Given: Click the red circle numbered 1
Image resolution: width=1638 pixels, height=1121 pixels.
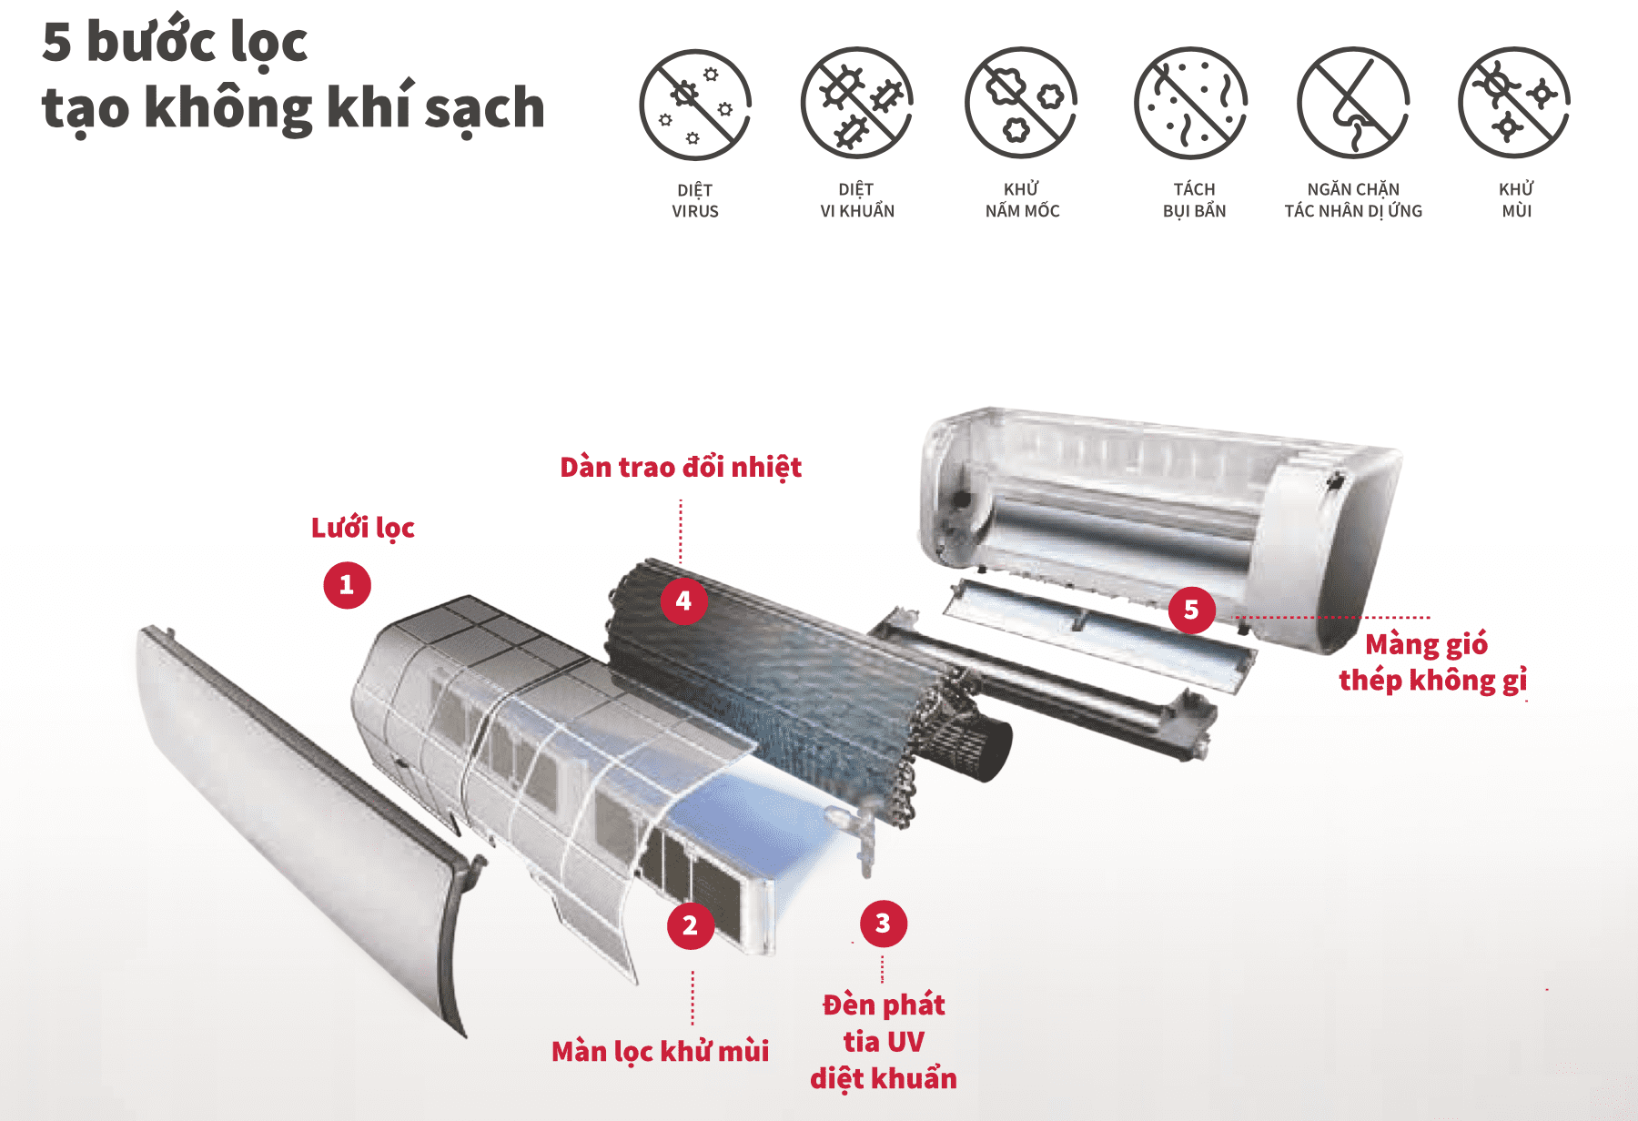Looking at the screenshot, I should point(347,585).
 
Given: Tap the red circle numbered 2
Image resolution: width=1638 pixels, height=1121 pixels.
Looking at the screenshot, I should point(691,925).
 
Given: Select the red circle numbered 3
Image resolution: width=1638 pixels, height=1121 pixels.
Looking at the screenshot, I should point(883,924).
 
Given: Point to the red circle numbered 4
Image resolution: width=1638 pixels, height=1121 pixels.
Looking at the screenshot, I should point(683,601).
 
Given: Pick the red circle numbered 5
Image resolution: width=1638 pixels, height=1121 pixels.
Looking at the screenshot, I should point(1191,610).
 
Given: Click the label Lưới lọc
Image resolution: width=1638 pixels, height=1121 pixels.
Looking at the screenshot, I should point(362,528).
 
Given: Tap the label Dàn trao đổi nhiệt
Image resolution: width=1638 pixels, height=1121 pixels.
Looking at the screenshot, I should point(680,468).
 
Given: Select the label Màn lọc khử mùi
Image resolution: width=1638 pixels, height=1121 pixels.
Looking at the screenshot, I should point(660,1052).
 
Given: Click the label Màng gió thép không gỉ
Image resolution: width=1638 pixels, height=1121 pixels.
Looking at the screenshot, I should point(1431,662).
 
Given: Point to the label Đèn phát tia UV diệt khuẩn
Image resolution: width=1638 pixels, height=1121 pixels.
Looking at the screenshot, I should point(884,1042).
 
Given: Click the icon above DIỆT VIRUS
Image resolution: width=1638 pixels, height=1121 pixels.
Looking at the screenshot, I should point(695,105).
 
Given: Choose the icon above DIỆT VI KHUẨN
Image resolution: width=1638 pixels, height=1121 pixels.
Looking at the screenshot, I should point(857,103).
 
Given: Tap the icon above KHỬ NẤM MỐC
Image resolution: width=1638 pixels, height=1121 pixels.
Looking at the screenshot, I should point(1021,103).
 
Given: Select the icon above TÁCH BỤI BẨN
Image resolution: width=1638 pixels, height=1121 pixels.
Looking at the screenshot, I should point(1191,103).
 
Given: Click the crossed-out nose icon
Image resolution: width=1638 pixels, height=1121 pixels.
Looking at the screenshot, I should point(1353,103).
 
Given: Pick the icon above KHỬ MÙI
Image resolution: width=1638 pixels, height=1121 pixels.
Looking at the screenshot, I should point(1514,103).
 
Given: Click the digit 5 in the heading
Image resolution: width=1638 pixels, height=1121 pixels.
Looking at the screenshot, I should point(56,43).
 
